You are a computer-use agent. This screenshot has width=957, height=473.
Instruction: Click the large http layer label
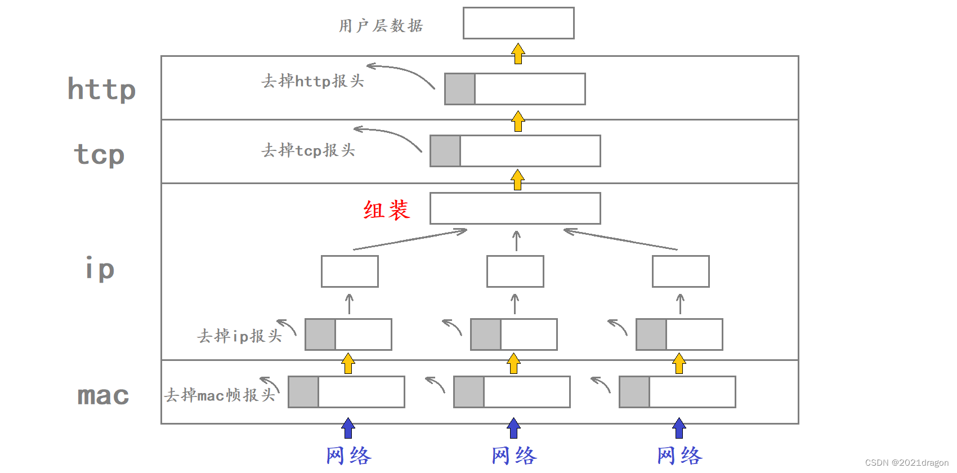(102, 89)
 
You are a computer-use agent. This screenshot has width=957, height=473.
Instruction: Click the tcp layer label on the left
(99, 154)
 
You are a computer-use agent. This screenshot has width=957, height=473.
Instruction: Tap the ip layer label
(100, 268)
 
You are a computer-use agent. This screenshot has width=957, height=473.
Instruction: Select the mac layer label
(103, 395)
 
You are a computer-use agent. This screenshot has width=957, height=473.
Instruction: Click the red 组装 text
(386, 210)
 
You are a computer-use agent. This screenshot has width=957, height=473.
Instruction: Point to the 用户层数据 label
(381, 26)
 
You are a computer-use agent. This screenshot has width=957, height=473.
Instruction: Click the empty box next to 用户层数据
(518, 23)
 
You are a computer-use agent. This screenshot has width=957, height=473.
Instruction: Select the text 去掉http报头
(312, 81)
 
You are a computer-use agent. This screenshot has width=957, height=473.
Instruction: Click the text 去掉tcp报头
(308, 150)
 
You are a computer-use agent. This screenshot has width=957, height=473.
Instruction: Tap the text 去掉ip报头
(239, 336)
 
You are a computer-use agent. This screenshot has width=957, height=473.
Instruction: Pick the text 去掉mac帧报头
(220, 395)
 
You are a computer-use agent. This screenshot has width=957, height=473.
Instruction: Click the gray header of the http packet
(460, 89)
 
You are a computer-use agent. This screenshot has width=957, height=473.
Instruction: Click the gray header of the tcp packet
(445, 151)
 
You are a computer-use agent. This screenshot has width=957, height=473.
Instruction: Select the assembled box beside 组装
(515, 208)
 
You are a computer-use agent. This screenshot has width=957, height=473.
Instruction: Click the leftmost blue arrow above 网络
(348, 428)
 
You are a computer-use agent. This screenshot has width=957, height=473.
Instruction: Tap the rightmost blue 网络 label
(679, 456)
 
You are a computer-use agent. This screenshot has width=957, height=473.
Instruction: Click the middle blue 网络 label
(514, 456)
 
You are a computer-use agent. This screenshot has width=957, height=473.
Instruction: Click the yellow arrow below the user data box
(518, 54)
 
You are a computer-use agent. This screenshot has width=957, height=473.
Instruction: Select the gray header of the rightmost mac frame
(634, 392)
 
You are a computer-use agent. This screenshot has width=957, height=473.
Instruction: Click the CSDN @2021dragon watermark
(906, 463)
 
